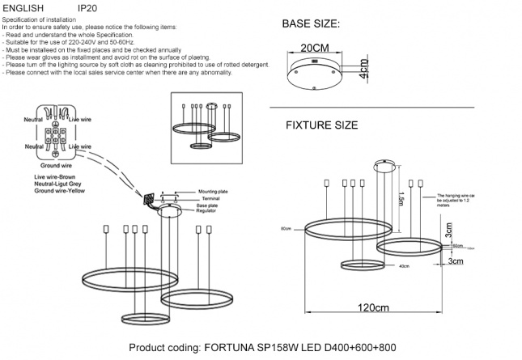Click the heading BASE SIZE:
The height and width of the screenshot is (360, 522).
(x=311, y=25)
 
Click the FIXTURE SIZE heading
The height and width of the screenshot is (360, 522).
(x=321, y=125)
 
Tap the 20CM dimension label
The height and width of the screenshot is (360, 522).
(x=314, y=49)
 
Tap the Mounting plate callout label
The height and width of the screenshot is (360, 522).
(x=213, y=191)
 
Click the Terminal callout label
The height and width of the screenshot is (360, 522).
(x=209, y=197)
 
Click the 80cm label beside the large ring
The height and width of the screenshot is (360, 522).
(x=285, y=229)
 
